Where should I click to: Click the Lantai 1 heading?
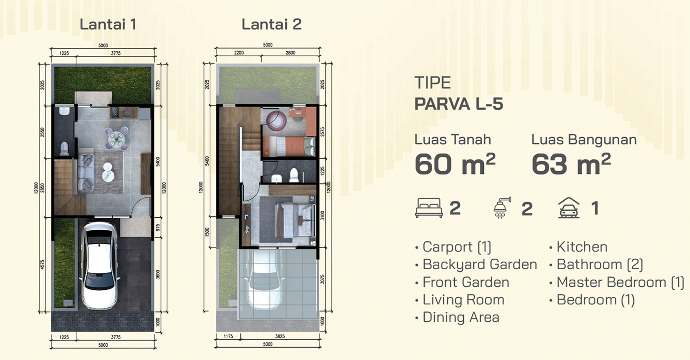(108, 24)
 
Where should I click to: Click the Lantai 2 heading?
(272, 24)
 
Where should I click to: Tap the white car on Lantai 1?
(99, 265)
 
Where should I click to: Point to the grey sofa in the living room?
(86, 172)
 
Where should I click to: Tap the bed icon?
(429, 208)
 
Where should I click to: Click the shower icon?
(502, 208)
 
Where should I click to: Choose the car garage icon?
(569, 208)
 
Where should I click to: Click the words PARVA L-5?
(459, 104)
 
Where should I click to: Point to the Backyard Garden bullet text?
(480, 265)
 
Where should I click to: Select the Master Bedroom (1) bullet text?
(620, 282)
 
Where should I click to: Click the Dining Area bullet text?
(461, 317)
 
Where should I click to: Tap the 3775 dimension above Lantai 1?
(116, 53)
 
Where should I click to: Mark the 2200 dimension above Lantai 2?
(239, 53)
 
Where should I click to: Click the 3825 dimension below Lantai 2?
(280, 336)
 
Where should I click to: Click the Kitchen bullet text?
(582, 247)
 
